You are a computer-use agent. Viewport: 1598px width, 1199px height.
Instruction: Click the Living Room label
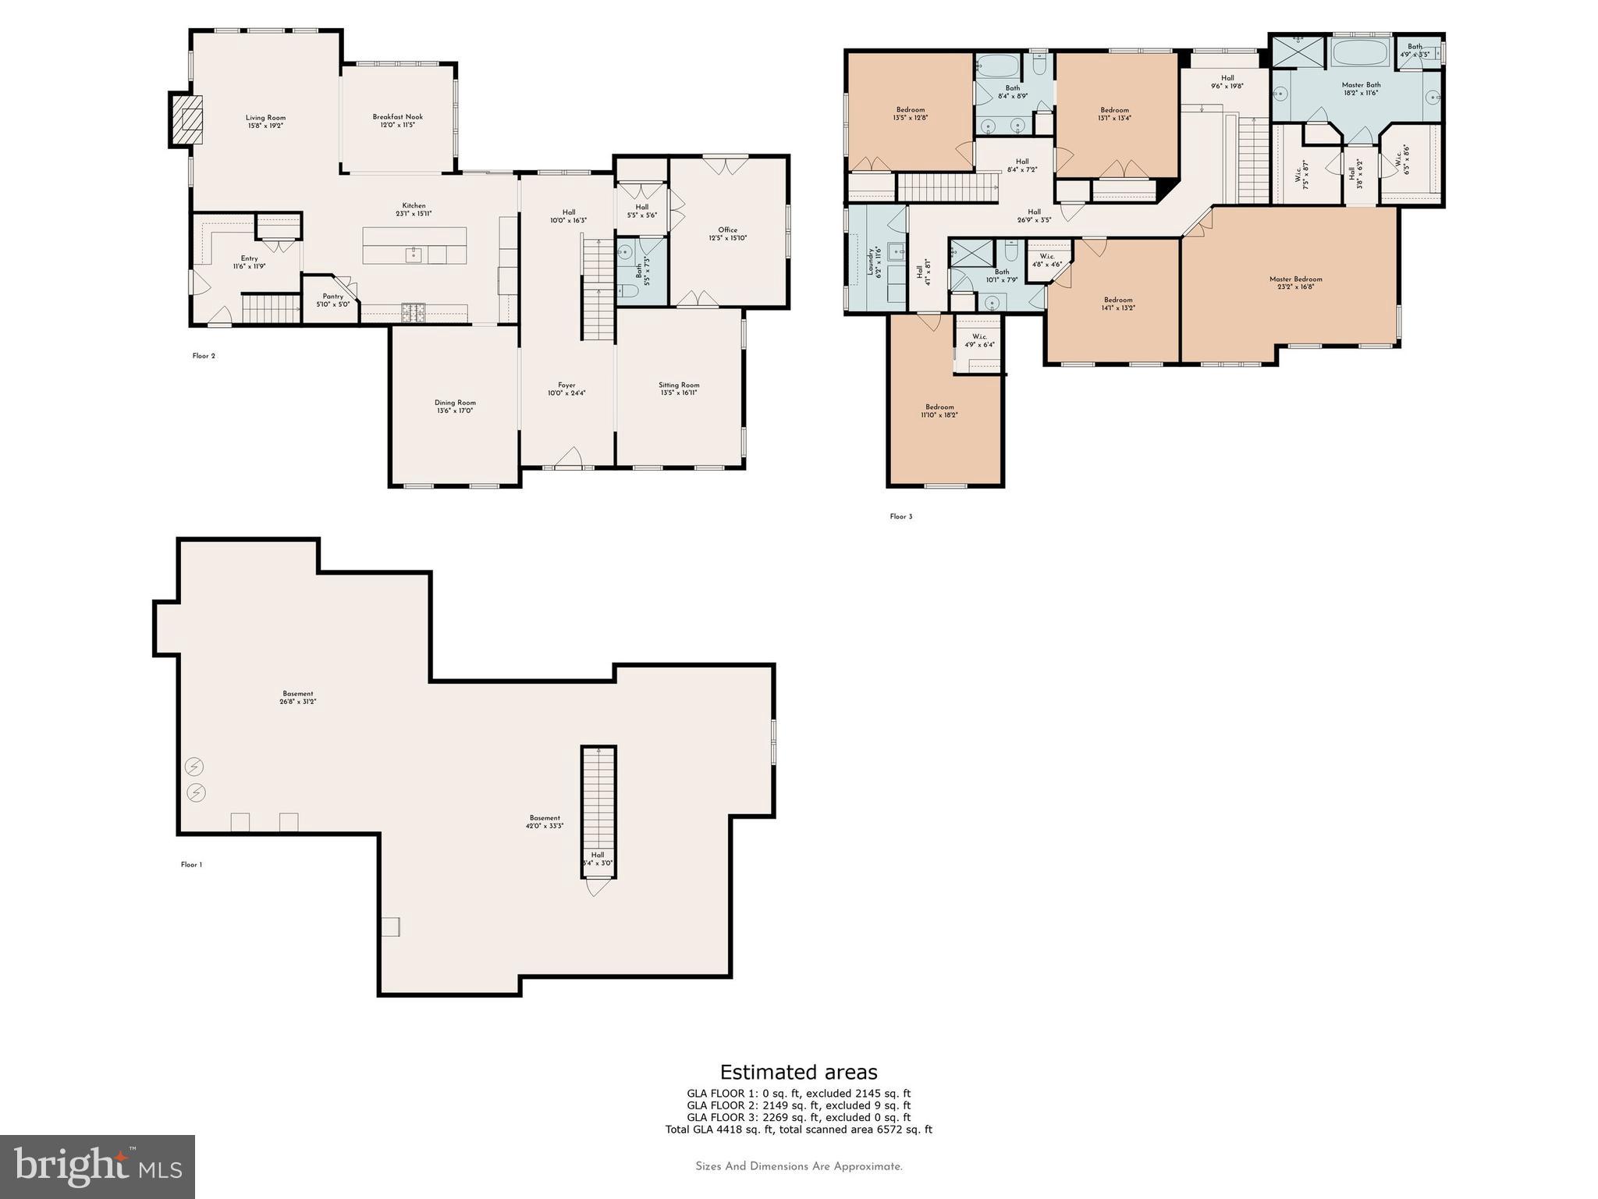(265, 118)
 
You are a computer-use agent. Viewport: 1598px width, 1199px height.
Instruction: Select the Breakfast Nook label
(397, 117)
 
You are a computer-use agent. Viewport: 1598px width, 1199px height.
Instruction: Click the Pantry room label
(332, 297)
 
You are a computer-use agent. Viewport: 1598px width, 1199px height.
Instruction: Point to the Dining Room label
(455, 403)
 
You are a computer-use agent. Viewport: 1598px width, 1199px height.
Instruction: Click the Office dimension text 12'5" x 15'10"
(727, 238)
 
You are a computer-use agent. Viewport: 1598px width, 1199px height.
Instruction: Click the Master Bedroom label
(1295, 279)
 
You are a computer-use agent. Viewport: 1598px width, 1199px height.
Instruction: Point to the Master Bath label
(1361, 85)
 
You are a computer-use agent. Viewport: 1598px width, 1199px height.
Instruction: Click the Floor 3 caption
(900, 517)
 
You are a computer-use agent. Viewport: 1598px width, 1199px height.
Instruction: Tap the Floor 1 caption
(191, 865)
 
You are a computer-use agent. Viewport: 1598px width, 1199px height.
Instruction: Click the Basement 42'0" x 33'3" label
(545, 821)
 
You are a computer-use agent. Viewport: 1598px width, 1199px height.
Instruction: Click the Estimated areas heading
(798, 1072)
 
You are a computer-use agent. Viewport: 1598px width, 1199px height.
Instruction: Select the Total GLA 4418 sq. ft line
(798, 1130)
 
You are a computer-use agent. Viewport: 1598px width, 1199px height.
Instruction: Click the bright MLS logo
(98, 1166)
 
